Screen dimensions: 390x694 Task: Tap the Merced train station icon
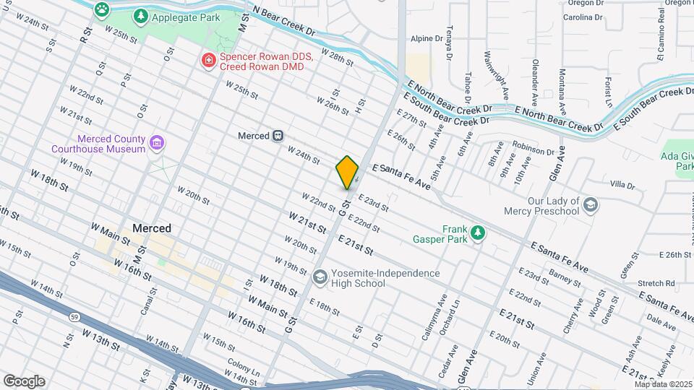(278, 136)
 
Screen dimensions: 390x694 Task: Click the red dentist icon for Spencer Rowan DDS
(208, 61)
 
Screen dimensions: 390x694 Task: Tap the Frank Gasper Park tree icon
(476, 232)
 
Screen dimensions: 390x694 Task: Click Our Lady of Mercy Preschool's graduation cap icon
(591, 206)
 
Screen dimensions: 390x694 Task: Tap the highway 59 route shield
(74, 316)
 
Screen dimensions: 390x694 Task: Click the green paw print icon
(102, 9)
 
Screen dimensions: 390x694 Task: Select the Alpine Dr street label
(426, 38)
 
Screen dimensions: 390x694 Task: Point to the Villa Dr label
(623, 185)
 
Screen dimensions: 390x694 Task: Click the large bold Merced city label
(152, 228)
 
